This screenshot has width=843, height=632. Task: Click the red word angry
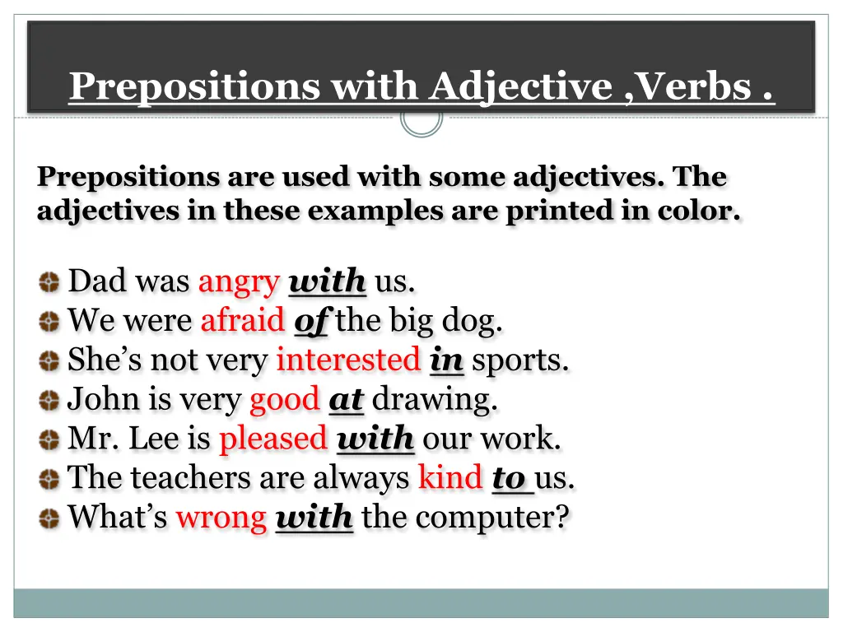click(x=239, y=282)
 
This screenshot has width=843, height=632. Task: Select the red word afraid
click(x=242, y=320)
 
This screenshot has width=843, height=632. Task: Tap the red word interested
click(x=347, y=360)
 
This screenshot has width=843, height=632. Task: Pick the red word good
click(x=283, y=400)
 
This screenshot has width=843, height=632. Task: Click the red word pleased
click(x=272, y=439)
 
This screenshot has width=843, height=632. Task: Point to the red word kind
click(x=449, y=477)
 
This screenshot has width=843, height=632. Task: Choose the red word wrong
click(x=221, y=518)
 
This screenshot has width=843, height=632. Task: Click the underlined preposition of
click(x=310, y=321)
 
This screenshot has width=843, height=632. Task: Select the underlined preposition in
click(x=446, y=360)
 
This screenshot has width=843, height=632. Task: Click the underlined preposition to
click(x=509, y=477)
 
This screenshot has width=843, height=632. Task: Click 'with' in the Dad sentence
click(x=328, y=282)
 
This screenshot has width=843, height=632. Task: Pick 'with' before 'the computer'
click(x=314, y=518)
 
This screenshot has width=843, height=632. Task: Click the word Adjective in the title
click(x=520, y=86)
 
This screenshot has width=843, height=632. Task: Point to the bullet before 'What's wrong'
click(x=49, y=518)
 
